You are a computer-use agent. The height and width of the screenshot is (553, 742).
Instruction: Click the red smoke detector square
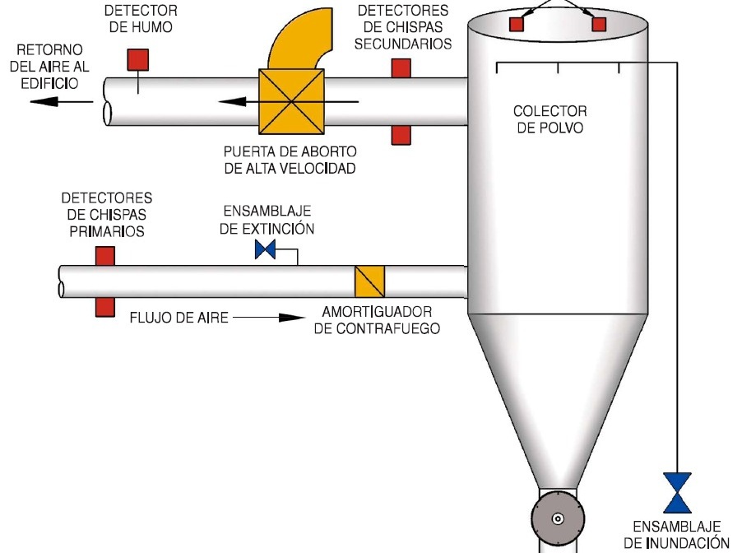coord(137,59)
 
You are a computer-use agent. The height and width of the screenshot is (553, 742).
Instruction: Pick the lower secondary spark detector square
coord(401,135)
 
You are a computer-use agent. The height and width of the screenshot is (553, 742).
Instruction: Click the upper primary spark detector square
coord(104,255)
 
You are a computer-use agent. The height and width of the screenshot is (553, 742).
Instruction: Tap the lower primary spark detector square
coord(104,306)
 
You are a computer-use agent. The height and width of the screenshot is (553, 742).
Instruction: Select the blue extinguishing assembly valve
coord(265,250)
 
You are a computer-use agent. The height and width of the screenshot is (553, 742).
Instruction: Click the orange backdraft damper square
coord(369,281)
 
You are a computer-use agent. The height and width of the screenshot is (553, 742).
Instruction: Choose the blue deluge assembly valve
coord(678,492)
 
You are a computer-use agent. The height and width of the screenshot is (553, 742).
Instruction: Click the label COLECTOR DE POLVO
coord(550,119)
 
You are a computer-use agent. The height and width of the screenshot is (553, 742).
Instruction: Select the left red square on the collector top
coord(516,24)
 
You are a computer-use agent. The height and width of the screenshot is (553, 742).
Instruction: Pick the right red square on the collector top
coord(599,24)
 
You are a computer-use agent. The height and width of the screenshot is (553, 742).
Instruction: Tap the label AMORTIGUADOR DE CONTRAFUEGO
coord(377,320)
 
